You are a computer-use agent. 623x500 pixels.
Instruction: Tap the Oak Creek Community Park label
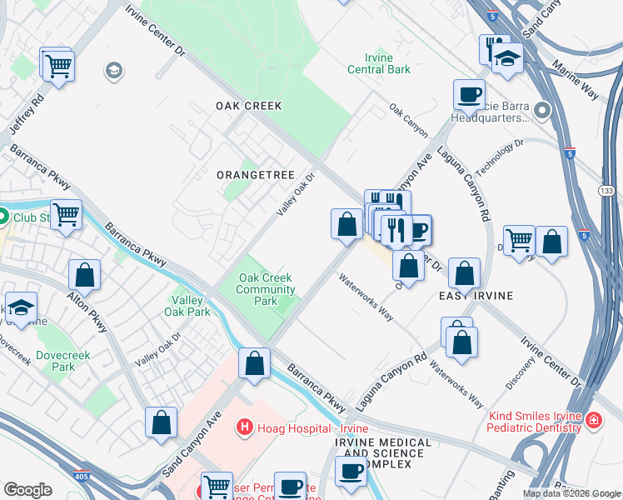pos(266,289)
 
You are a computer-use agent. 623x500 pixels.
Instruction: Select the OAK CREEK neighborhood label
pos(248,106)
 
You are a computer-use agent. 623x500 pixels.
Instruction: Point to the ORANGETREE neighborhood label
pos(255,175)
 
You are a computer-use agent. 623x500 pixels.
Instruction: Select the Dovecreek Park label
pos(57,360)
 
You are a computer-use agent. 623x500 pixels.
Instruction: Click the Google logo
pos(27,490)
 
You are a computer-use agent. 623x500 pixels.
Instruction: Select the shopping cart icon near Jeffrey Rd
pos(58,65)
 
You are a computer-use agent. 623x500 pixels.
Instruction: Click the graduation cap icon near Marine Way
pos(506,58)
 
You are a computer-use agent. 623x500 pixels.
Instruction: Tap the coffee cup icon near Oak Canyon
pos(469,95)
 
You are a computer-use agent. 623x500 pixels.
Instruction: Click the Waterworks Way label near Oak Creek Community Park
pos(366,297)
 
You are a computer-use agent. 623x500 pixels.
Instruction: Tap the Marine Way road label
pos(577,77)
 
